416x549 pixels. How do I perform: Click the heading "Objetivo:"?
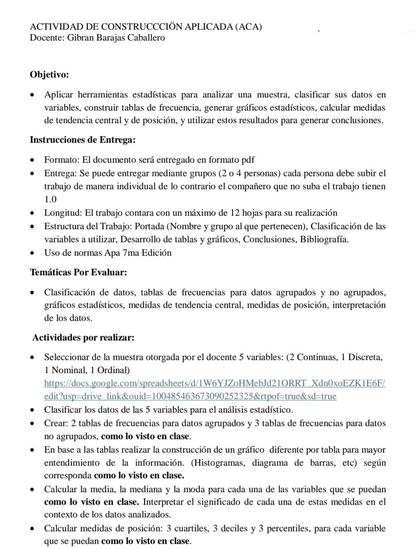coord(49,75)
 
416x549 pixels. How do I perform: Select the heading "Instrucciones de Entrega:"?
coord(83,140)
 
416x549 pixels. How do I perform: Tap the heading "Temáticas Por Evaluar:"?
coord(78,273)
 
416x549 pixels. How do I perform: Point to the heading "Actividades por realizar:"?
coord(83,338)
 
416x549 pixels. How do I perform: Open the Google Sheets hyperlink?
coord(215,383)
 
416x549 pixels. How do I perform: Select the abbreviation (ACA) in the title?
coord(248,27)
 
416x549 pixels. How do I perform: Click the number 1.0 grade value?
coord(50,200)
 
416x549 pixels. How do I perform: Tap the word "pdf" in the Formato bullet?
coord(247,160)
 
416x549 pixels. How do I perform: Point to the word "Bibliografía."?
coord(324,240)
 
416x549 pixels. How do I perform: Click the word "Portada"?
coord(150,226)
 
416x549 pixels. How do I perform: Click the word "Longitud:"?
coord(63,213)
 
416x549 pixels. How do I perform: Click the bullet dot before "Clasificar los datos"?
coord(33,410)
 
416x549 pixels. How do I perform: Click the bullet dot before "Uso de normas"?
coord(33,253)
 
